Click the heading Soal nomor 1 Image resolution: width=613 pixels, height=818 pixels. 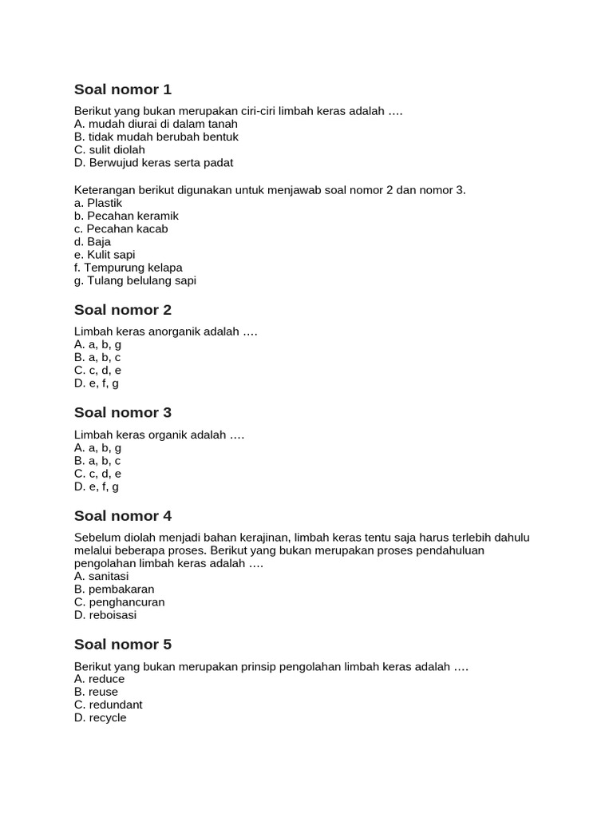(123, 89)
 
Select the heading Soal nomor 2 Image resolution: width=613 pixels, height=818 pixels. (123, 310)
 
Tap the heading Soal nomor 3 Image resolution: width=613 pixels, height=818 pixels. (123, 413)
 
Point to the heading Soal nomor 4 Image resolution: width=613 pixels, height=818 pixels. (123, 516)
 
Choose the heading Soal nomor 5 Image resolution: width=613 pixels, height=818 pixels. (123, 645)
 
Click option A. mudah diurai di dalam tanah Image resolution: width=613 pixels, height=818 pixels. (156, 124)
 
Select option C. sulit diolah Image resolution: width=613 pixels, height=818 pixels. (109, 149)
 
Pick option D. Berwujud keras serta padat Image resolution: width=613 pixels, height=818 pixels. (153, 163)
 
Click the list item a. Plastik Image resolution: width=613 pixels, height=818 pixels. (98, 203)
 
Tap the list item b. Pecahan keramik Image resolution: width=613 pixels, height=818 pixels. (126, 216)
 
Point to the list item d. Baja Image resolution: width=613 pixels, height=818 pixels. (93, 241)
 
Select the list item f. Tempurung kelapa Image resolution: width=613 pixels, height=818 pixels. (129, 268)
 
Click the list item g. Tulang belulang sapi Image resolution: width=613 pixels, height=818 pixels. (135, 280)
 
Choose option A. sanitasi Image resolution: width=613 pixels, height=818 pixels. (101, 576)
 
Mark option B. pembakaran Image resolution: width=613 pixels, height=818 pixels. (114, 589)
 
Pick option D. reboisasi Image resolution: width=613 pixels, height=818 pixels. (105, 615)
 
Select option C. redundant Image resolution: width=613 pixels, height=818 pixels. (109, 705)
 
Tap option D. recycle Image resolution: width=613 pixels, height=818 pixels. (101, 717)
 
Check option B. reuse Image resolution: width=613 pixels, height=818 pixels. (96, 692)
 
